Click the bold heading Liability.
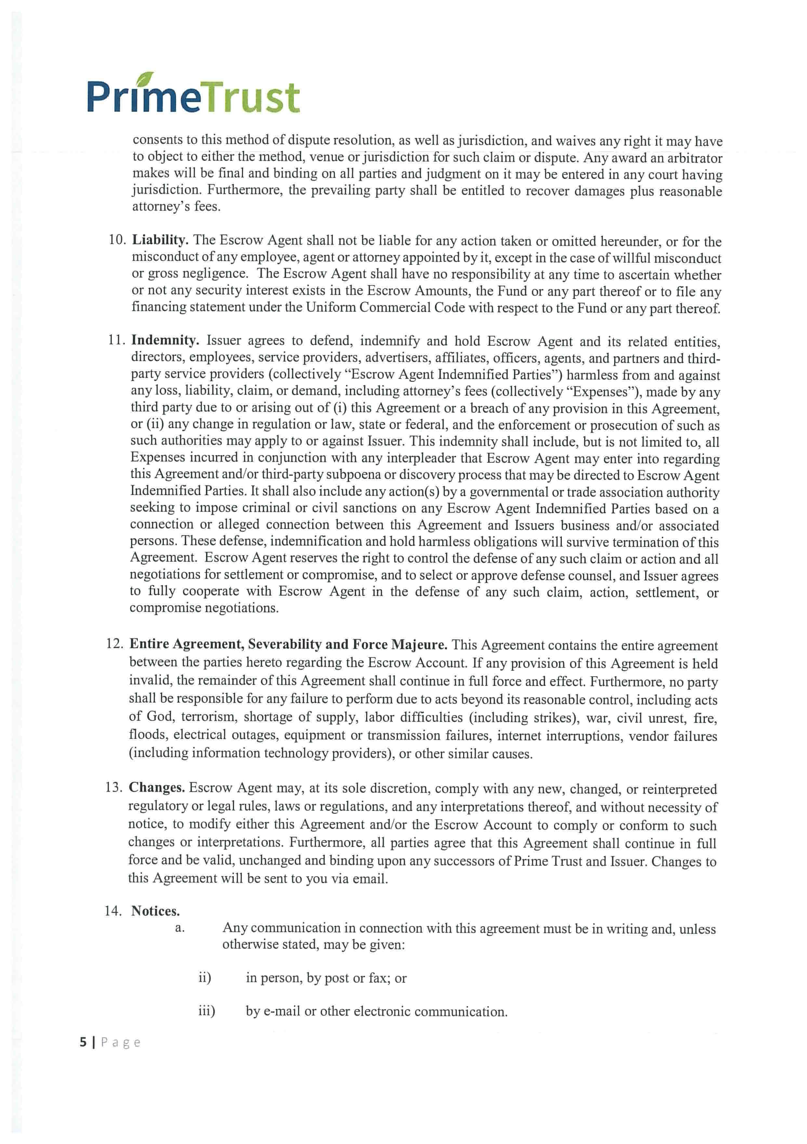click(160, 240)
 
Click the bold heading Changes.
click(156, 788)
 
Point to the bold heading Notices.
click(155, 911)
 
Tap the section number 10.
click(117, 240)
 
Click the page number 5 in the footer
click(83, 1042)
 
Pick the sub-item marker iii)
click(206, 1011)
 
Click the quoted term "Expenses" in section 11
click(612, 392)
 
